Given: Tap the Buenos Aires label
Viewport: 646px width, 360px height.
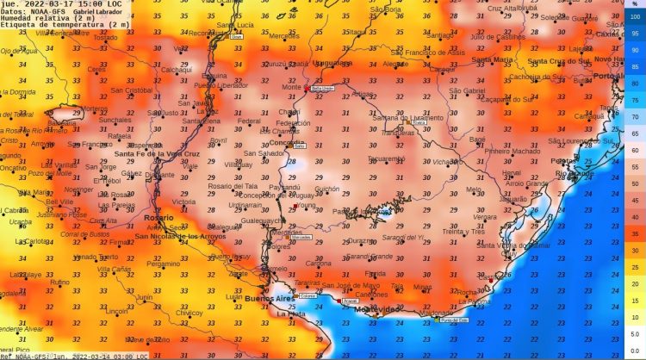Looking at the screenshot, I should point(269,298).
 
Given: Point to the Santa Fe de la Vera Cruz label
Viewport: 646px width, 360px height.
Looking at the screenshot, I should point(151,154).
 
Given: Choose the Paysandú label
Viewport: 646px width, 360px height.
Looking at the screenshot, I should point(284,187).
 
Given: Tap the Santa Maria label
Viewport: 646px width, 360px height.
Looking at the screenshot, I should point(493,59).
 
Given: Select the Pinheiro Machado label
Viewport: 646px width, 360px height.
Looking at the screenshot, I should point(513,151).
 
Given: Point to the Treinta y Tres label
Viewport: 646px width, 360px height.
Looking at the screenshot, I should point(464,232).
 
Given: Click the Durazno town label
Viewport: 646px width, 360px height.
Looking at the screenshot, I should point(363,241).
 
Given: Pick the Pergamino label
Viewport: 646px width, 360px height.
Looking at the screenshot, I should point(163,264).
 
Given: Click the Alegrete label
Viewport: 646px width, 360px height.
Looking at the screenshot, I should point(394,64).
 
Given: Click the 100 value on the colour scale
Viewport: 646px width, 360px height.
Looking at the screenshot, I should point(635,17).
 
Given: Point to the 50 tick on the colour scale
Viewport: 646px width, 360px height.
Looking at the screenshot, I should point(635,183).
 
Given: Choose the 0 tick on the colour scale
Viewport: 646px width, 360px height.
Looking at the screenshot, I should point(635,351).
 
